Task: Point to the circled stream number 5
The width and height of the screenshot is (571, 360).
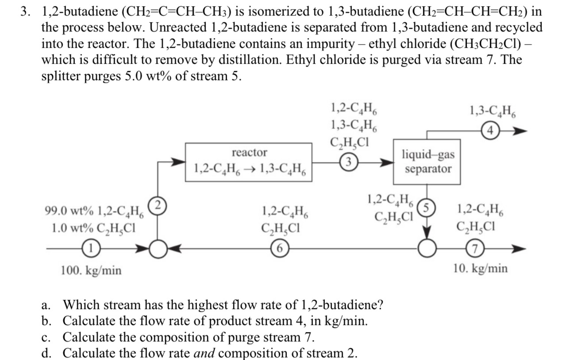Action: coord(427,207)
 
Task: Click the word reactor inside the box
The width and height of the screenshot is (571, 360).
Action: coord(249,153)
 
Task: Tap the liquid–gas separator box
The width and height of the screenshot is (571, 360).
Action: coord(427,162)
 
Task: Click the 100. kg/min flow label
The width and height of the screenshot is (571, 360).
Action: coord(91,270)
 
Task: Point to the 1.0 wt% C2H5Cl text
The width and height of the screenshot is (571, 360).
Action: coord(93,228)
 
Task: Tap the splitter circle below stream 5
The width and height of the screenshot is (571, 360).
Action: coord(427,250)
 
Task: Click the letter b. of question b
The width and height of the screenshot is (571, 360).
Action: coord(45,321)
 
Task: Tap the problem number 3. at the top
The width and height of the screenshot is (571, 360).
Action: coord(27,12)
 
